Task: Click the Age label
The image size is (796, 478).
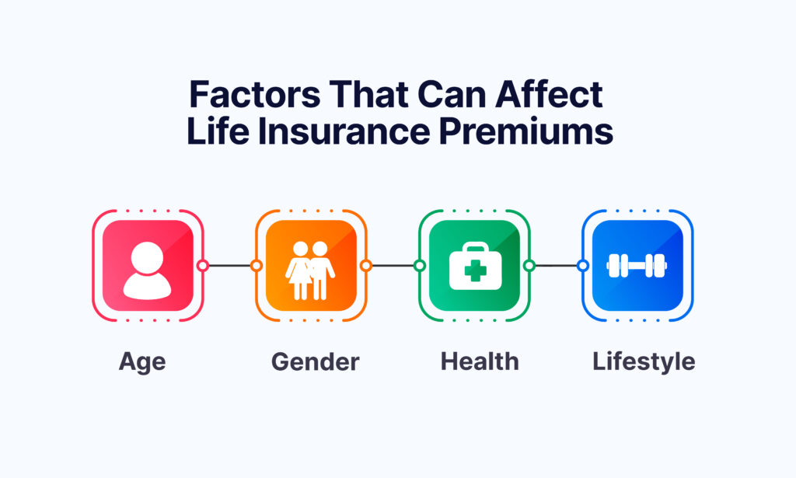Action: [142, 361]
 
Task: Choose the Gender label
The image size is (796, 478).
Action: [315, 361]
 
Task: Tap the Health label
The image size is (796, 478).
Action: [480, 361]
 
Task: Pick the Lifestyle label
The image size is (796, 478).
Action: [644, 361]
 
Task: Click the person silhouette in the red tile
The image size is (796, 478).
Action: [147, 269]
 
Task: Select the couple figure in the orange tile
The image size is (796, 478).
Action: [310, 268]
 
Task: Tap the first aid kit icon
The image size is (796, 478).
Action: [474, 267]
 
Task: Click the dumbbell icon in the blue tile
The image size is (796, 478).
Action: [637, 265]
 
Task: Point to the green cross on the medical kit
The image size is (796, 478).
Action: [474, 273]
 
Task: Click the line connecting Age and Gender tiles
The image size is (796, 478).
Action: [229, 265]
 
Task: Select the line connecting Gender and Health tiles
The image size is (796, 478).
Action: [393, 265]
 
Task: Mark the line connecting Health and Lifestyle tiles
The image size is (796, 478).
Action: [556, 265]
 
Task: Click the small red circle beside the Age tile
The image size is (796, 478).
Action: [202, 265]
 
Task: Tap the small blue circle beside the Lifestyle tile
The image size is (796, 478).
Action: [583, 265]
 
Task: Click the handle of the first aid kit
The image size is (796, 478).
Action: [474, 250]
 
